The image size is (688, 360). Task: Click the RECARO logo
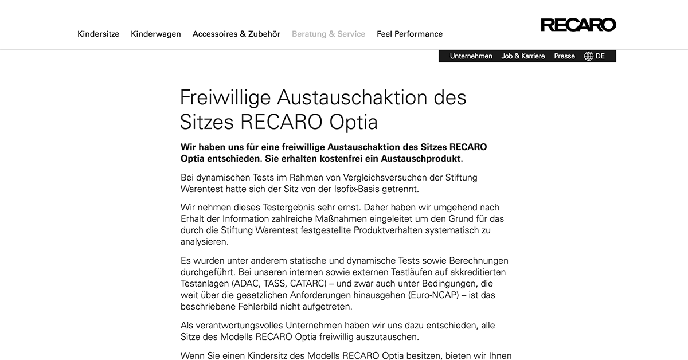pos(578,25)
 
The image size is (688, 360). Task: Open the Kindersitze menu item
pos(99,34)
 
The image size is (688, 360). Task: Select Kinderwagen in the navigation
pos(156,34)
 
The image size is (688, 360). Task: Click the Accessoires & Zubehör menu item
pos(236,34)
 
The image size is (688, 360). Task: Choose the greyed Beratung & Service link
pos(329,34)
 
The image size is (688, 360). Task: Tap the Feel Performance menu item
pos(409,34)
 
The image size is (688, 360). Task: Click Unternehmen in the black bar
pos(471,56)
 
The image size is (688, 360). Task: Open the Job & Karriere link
pos(523,56)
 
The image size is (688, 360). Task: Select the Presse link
pos(564,56)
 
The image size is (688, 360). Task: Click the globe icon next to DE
pos(589,56)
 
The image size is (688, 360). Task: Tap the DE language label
pos(600,56)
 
